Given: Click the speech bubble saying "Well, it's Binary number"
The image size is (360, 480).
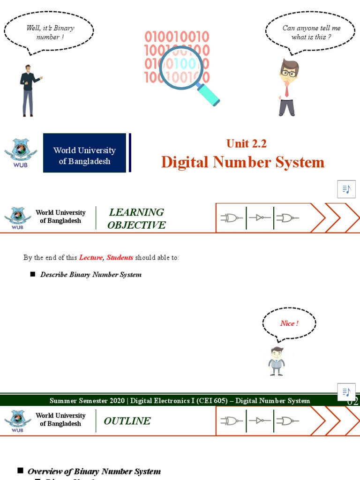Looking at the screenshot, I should click(49, 32).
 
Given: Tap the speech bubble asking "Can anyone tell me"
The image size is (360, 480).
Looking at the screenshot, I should click(310, 32).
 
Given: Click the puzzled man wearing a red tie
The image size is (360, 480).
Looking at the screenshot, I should click(287, 88).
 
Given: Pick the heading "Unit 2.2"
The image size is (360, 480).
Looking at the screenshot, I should click(246, 144).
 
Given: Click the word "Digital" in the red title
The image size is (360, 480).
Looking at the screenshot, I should click(184, 162).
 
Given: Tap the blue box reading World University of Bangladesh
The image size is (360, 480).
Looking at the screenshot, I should click(84, 153).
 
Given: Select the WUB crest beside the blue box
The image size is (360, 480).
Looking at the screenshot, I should click(21, 153).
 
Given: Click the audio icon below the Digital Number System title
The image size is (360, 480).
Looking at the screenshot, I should click(346, 189).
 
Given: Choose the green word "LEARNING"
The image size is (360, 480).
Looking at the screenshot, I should click(136, 212).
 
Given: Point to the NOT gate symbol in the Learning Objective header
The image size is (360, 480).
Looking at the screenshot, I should click(260, 218).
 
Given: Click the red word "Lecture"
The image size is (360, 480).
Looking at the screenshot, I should click(91, 257).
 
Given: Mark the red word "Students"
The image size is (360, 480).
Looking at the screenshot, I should click(120, 257).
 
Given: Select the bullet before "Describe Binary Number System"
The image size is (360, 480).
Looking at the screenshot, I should click(33, 274).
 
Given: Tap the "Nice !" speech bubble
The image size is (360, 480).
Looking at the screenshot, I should click(289, 323).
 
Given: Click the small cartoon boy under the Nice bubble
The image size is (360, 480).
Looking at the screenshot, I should click(277, 361).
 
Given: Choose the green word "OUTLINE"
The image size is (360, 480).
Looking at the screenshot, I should click(127, 421).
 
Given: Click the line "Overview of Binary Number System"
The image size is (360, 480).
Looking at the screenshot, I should click(94, 471).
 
